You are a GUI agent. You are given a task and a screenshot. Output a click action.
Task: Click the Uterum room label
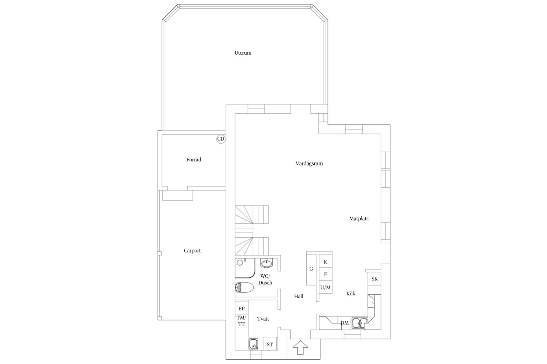tap(243, 53)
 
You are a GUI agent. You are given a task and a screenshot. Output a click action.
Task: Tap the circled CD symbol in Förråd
tap(221, 139)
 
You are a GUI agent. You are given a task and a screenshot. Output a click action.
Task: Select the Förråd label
tap(194, 160)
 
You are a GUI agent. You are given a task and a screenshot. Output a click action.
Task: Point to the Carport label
tap(192, 251)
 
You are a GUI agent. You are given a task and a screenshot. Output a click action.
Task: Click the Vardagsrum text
tap(309, 163)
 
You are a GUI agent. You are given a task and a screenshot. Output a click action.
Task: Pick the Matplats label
tap(359, 219)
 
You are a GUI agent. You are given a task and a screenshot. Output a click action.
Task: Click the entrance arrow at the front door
tap(300, 347)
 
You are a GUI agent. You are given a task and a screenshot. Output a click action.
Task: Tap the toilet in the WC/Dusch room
tap(244, 287)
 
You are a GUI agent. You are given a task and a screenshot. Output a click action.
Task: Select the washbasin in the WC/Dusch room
tap(267, 263)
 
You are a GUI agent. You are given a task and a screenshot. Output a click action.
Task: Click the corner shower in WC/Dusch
tap(245, 268)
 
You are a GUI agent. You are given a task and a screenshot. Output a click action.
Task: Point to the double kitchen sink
tap(360, 323)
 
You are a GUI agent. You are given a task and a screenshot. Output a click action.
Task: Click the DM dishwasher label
tap(344, 323)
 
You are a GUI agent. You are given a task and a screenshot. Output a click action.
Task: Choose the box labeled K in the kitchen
tap(325, 262)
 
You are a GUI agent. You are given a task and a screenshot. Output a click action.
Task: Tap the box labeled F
tap(325, 274)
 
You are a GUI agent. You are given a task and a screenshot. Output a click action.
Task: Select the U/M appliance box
tap(325, 287)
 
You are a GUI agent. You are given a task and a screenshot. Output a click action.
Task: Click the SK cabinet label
tap(374, 279)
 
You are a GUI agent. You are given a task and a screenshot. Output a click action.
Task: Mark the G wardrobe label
tap(311, 269)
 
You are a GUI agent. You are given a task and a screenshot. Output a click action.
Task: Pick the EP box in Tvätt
tap(241, 308)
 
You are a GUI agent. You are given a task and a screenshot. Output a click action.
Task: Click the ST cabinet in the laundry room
tap(270, 344)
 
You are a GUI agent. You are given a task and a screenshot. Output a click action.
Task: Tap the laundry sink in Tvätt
tap(254, 344)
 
